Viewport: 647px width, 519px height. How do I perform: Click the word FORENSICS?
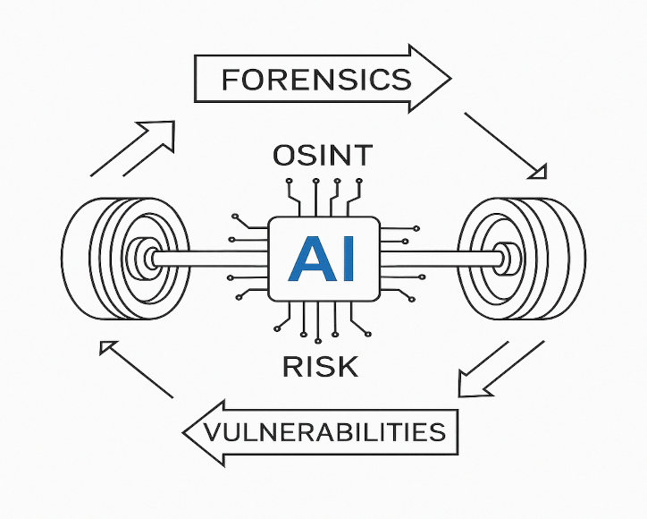click(x=316, y=81)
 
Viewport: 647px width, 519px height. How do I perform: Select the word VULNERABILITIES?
click(x=324, y=433)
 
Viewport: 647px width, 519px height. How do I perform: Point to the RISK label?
click(x=320, y=366)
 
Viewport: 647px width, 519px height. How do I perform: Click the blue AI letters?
click(x=323, y=259)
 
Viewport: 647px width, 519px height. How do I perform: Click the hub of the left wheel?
click(x=142, y=259)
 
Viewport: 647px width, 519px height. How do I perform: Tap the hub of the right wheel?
click(x=505, y=259)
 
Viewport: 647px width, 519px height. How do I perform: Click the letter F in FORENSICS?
click(x=231, y=81)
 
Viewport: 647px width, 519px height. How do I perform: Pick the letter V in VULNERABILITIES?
click(x=214, y=433)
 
